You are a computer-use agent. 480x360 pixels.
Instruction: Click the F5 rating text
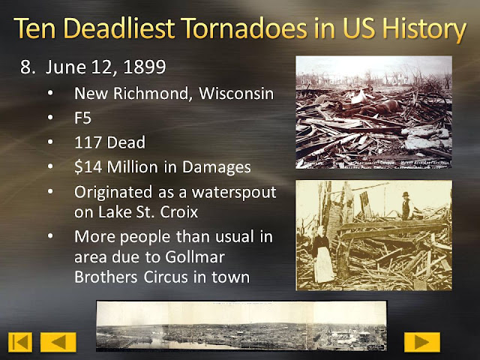83,118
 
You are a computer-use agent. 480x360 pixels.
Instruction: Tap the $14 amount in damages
88,166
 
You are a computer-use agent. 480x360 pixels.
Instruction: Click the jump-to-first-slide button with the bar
20,342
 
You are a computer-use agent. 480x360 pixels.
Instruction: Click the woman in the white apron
323,256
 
